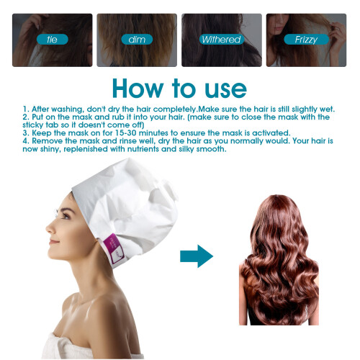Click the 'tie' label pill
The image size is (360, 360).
53,40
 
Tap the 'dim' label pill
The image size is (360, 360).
137,40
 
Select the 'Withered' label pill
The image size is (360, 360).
222,40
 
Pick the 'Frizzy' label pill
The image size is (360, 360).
306,40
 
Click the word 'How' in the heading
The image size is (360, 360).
138,89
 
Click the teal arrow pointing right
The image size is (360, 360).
197,256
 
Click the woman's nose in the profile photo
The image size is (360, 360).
50,228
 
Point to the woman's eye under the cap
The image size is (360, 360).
65,215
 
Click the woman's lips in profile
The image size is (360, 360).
53,241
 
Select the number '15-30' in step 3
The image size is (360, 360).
125,132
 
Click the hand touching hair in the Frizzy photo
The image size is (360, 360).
338,34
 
